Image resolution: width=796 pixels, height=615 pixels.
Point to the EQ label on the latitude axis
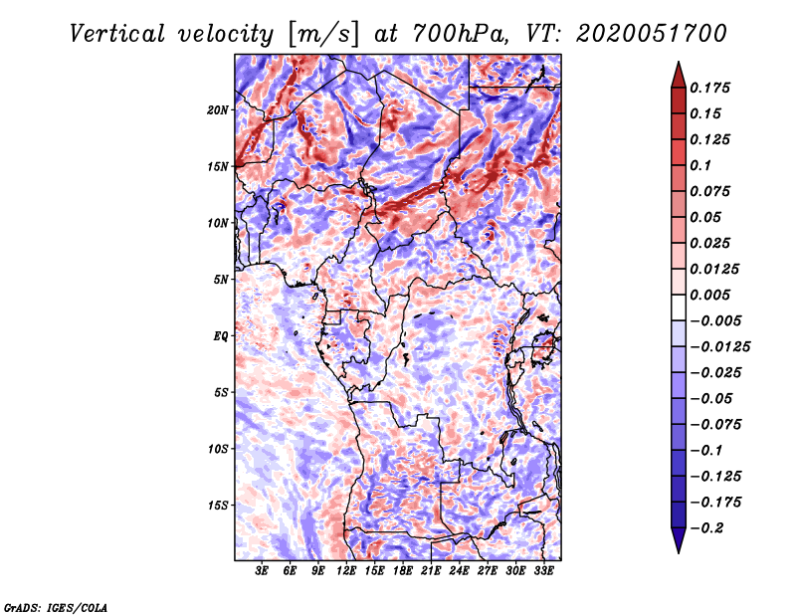221,336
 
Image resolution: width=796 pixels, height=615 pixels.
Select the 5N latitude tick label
221,280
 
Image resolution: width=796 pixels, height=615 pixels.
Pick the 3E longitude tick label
263,571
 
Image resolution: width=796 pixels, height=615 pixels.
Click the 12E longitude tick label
346,571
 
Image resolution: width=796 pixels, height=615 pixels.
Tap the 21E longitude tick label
431,571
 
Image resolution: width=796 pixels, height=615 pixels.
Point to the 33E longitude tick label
543,571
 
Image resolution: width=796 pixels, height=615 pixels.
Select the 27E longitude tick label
488,571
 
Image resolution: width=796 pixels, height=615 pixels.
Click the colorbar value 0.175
713,88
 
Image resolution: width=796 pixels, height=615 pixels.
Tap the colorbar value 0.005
713,295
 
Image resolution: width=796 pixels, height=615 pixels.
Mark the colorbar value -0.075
716,424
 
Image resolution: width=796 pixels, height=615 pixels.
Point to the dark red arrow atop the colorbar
677,73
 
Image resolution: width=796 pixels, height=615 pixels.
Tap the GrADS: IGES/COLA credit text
56,606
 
